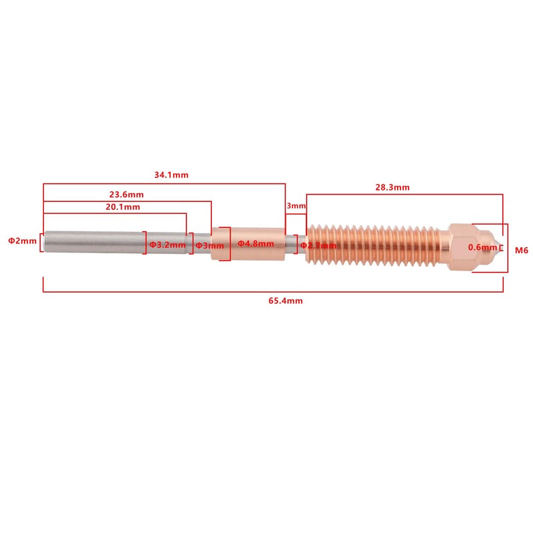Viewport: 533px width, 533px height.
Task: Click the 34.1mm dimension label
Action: coord(171,175)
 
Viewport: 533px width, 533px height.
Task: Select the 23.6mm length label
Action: coord(127,195)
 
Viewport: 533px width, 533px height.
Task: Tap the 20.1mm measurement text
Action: coord(123,207)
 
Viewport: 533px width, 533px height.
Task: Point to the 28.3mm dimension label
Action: coord(392,188)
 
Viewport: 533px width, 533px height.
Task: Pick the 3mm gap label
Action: coord(295,207)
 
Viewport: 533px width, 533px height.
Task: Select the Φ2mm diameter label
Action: coord(22,241)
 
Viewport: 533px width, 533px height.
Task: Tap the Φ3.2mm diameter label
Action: coord(167,245)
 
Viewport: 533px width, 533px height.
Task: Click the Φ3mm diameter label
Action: coord(209,245)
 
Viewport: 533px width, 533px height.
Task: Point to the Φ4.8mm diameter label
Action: coord(256,244)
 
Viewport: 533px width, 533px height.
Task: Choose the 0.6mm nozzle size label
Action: coord(483,247)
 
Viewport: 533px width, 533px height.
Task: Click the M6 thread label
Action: coord(522,251)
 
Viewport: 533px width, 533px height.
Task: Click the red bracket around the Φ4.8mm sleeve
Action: coord(231,244)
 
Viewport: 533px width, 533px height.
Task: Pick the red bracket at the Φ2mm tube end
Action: coord(42,241)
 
